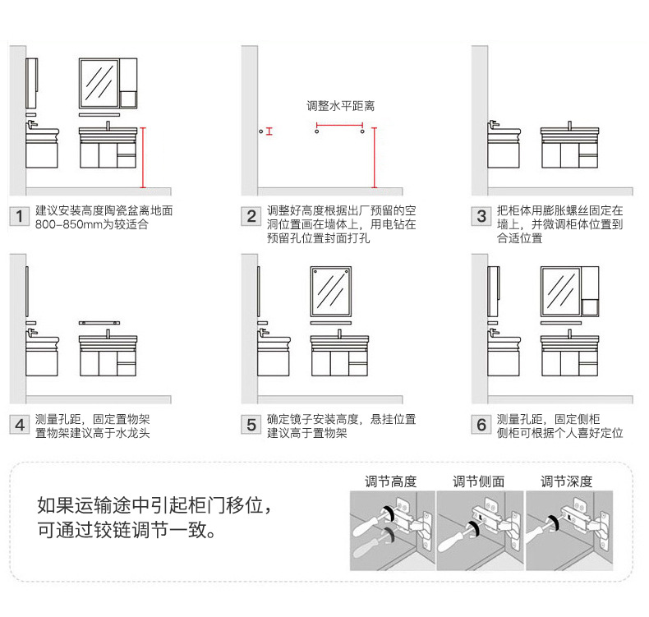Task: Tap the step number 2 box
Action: point(251,217)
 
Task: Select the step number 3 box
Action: point(482,217)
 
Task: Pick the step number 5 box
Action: point(251,426)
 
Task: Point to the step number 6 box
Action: point(482,426)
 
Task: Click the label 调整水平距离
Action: point(340,106)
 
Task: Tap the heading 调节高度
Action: point(391,481)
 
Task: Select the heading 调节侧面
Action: point(479,481)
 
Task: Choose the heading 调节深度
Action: point(566,481)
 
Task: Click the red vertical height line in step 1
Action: point(143,156)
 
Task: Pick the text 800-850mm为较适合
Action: point(91,224)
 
